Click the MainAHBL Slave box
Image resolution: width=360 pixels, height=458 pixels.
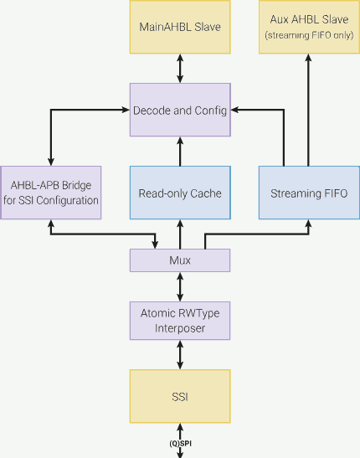pyautogui.click(x=180, y=27)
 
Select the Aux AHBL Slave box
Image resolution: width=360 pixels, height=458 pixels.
pyautogui.click(x=308, y=27)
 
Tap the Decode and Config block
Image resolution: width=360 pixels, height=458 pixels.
pyautogui.click(x=180, y=110)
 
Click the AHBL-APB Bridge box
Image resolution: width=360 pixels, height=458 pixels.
pyautogui.click(x=52, y=193)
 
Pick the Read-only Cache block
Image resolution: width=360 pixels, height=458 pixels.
pyautogui.click(x=180, y=193)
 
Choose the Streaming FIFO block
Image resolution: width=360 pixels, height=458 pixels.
pyautogui.click(x=308, y=193)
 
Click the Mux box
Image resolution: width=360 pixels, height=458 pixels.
pyautogui.click(x=180, y=260)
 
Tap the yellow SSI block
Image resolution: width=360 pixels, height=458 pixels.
pyautogui.click(x=180, y=395)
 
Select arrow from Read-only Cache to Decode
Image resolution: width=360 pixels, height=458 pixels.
pyautogui.click(x=180, y=152)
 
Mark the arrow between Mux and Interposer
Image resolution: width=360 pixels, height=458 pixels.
pyautogui.click(x=180, y=286)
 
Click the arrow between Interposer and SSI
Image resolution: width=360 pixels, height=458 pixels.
pyautogui.click(x=180, y=355)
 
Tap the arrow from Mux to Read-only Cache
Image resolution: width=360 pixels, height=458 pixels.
pyautogui.click(x=180, y=234)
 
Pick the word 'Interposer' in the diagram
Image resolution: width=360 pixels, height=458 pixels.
pyautogui.click(x=180, y=328)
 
